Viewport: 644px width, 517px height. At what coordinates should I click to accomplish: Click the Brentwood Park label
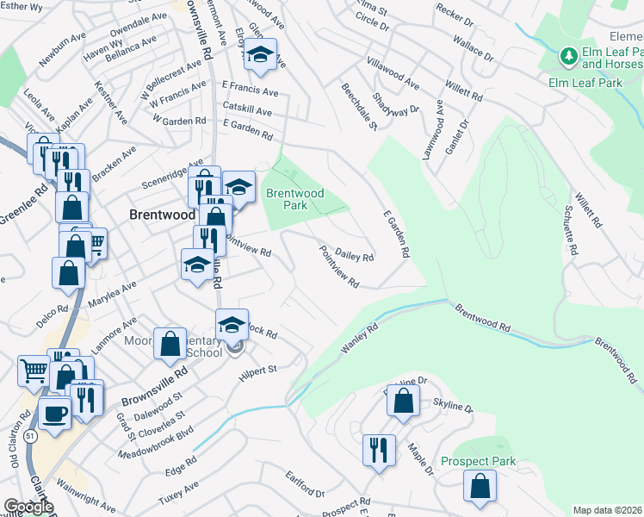coord(294,199)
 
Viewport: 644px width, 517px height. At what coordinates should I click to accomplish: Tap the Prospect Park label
coord(478,461)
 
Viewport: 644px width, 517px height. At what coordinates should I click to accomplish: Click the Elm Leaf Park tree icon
coord(568,57)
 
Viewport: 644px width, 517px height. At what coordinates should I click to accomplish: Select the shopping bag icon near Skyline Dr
coord(403,401)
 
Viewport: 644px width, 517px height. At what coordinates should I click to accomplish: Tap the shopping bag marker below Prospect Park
coord(480,486)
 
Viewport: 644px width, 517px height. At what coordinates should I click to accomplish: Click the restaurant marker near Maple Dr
coord(379,450)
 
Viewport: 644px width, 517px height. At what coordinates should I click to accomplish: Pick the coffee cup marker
coord(55,413)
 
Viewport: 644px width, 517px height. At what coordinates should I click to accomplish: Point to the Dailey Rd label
coord(354,257)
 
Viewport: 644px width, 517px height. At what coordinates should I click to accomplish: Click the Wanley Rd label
coord(360,338)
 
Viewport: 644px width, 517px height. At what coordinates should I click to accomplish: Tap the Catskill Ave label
coord(246,112)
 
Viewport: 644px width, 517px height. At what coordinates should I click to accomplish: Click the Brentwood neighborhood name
coord(161,214)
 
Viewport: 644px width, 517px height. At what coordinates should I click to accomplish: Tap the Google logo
coord(28,507)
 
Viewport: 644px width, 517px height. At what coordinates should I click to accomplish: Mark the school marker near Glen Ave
coord(259,57)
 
